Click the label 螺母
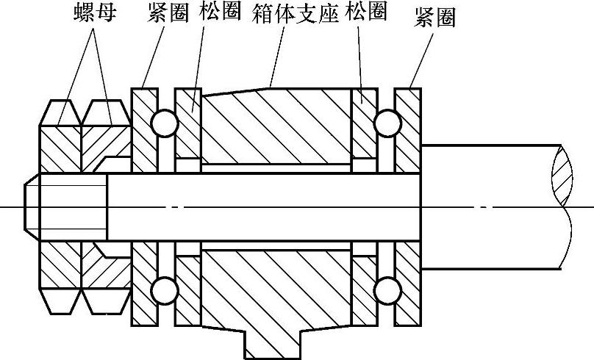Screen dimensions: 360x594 pos(94,12)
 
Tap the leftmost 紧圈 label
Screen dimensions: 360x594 pos(168,12)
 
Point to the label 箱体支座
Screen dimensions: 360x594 pos(296,12)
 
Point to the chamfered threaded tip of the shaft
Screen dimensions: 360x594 pos(32,206)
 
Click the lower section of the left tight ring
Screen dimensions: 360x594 pos(144,283)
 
